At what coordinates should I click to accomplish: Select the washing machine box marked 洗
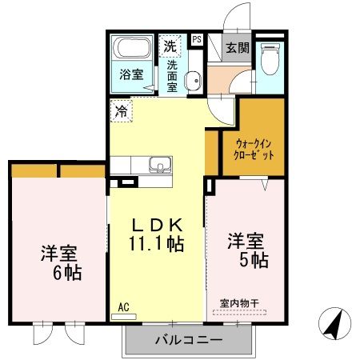[170, 46]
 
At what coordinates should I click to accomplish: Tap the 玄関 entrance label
[237, 47]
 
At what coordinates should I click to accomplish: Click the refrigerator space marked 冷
[121, 110]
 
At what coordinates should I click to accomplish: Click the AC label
[123, 306]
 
